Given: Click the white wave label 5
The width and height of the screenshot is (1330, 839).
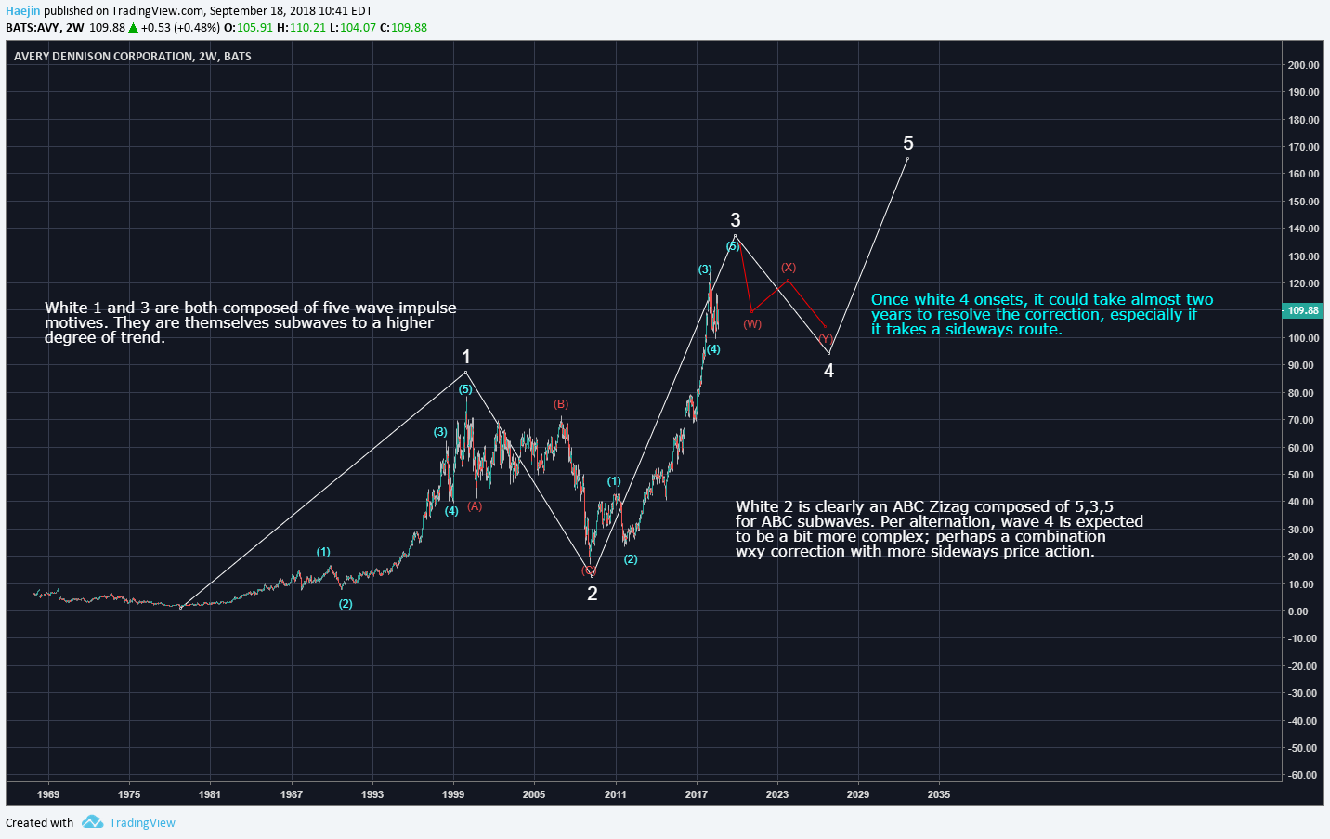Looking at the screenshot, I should click(x=908, y=143).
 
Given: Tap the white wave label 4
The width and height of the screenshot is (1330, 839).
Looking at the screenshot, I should click(x=828, y=371).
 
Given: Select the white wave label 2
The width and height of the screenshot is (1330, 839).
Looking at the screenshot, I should click(x=593, y=594).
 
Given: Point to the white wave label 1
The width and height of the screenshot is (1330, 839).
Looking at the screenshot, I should click(x=466, y=357).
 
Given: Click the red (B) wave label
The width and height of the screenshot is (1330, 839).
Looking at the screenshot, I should click(x=561, y=404).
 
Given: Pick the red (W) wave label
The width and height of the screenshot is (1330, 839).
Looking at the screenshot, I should click(x=752, y=324).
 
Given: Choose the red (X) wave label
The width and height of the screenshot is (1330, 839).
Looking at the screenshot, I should click(x=789, y=268).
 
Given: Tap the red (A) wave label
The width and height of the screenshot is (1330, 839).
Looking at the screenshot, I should click(x=475, y=506).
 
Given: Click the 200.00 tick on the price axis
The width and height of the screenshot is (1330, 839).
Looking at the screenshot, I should click(x=1303, y=65).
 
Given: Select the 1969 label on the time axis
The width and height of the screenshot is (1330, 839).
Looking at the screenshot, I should click(x=48, y=794).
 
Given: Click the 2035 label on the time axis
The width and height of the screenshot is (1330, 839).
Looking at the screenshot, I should click(x=939, y=794).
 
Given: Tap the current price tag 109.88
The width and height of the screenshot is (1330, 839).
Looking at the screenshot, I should click(x=1303, y=310).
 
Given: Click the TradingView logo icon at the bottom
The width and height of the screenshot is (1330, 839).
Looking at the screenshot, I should click(x=92, y=822).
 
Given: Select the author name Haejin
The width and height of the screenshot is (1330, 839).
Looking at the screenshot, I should click(x=22, y=11).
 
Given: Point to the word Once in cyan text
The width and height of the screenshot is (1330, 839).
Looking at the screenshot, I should click(x=890, y=299).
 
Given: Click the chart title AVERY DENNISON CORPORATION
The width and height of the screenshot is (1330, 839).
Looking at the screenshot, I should click(x=104, y=57).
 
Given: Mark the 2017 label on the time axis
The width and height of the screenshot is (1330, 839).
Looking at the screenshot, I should click(x=697, y=794).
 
